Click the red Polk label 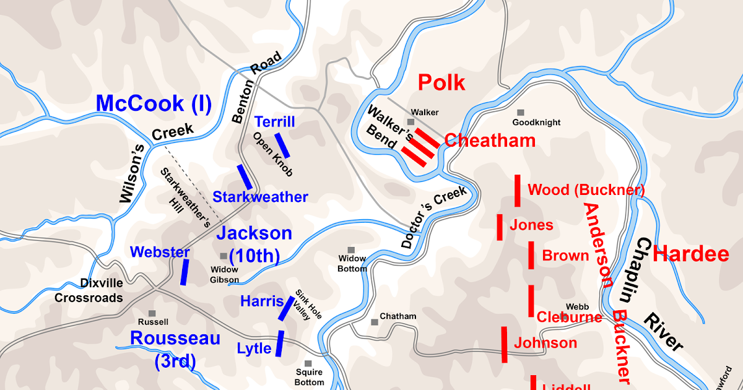[441, 82]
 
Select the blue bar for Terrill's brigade [282, 145]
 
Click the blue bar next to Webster [185, 272]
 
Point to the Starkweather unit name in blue [260, 197]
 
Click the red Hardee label [691, 254]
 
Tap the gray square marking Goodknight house [521, 113]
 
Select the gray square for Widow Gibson [224, 256]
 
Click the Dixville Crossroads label [89, 290]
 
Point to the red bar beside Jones [499, 227]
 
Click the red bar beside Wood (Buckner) [517, 191]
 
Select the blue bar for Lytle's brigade [279, 344]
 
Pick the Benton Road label [256, 87]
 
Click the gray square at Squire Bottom [308, 364]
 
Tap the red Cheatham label [490, 141]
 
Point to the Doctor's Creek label [433, 218]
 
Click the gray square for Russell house [152, 313]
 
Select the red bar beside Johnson [505, 344]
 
